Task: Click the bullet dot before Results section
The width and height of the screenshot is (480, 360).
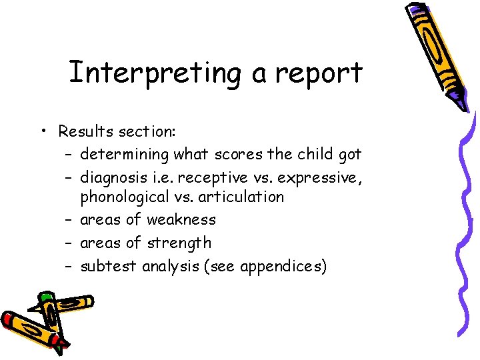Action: point(42,131)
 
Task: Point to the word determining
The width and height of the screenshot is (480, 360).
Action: point(125,155)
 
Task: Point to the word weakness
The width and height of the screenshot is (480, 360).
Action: point(181,219)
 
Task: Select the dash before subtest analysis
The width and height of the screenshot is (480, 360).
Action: point(69,266)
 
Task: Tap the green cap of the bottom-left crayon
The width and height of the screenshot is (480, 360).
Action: point(45,297)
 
